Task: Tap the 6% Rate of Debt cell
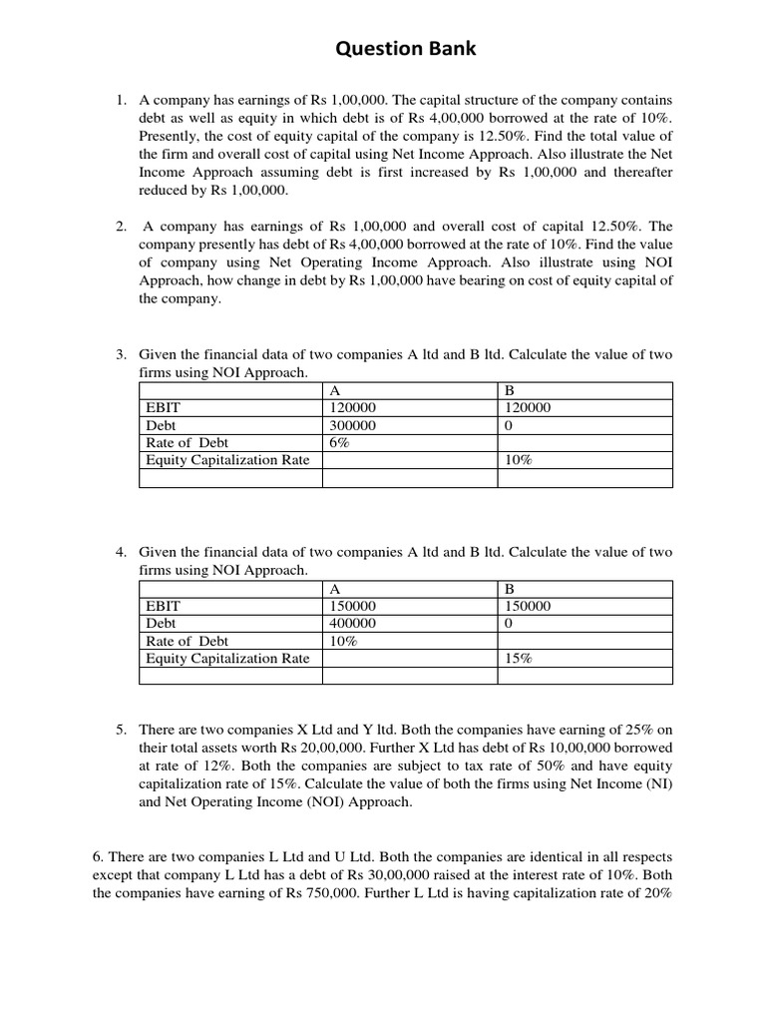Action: pyautogui.click(x=338, y=443)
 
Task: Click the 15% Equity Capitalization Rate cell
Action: pyautogui.click(x=519, y=659)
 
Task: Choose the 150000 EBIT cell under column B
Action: pyautogui.click(x=528, y=605)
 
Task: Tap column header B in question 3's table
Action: pyautogui.click(x=511, y=389)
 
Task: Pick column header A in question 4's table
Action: pyautogui.click(x=334, y=587)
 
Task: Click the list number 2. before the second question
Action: pyautogui.click(x=120, y=227)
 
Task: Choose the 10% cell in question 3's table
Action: pyautogui.click(x=519, y=461)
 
